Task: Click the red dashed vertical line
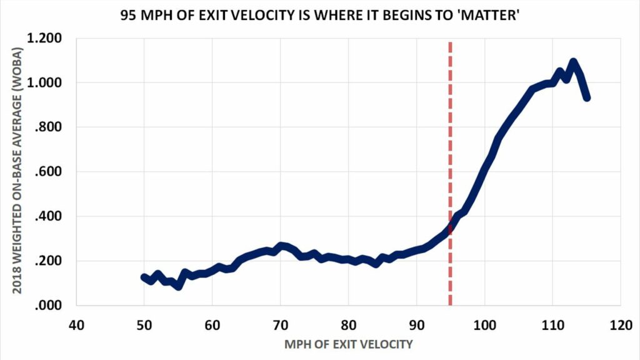[450, 156]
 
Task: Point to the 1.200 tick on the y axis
[44, 39]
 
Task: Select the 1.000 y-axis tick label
[44, 83]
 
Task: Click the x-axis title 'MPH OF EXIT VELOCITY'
[348, 343]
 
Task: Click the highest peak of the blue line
[573, 62]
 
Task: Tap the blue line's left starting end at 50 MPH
[144, 277]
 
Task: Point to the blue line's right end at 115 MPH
[587, 97]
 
